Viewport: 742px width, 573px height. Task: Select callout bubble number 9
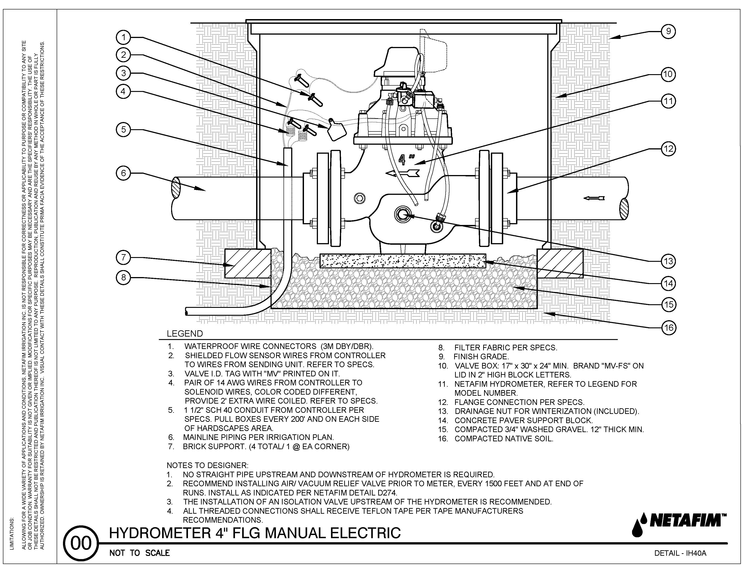click(x=668, y=31)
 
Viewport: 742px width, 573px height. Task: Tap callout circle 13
click(x=668, y=261)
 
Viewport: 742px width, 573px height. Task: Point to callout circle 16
click(x=668, y=328)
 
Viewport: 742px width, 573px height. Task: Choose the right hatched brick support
click(x=560, y=263)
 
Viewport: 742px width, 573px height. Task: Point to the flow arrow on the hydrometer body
click(x=403, y=173)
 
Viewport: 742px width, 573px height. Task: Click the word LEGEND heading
click(x=184, y=334)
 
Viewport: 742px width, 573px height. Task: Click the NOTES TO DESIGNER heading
click(x=207, y=465)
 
